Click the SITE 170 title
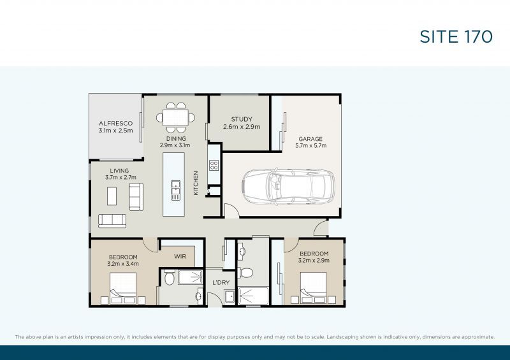point(456,37)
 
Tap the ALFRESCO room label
point(115,124)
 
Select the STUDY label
point(242,119)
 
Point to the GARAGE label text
point(311,139)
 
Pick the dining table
point(176,117)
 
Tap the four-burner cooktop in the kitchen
point(214,166)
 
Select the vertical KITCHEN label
point(196,183)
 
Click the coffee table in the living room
point(112,196)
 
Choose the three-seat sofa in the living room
point(112,220)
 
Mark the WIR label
point(180,256)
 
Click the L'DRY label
point(221,282)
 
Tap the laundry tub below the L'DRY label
point(229,297)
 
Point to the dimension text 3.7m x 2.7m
point(119,178)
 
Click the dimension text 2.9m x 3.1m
point(176,145)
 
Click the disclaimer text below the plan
point(254,336)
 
